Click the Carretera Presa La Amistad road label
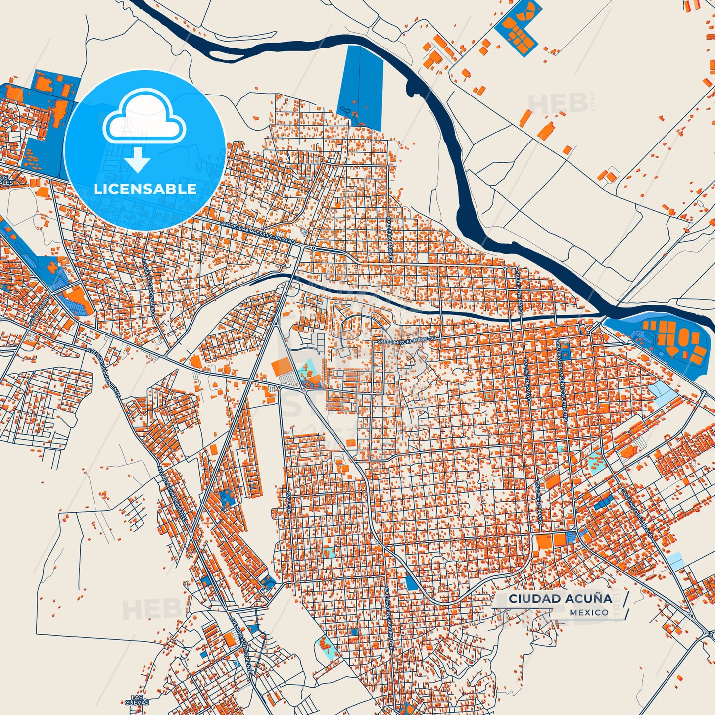[257, 233]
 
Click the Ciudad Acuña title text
[560, 599]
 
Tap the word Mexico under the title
[589, 612]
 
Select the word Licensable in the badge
[145, 189]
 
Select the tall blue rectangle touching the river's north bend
[361, 87]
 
